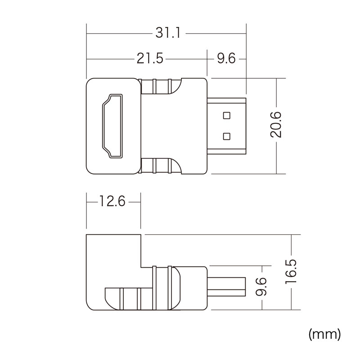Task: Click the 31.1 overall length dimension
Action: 168,33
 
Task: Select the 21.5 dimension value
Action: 150,58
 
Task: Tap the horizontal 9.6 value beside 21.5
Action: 226,58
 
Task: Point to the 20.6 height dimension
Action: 276,125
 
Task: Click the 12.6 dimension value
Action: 112,201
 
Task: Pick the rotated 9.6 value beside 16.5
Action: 261,287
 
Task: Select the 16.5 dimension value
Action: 291,272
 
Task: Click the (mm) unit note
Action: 324,334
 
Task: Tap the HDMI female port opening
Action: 112,126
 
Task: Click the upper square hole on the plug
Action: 227,115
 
